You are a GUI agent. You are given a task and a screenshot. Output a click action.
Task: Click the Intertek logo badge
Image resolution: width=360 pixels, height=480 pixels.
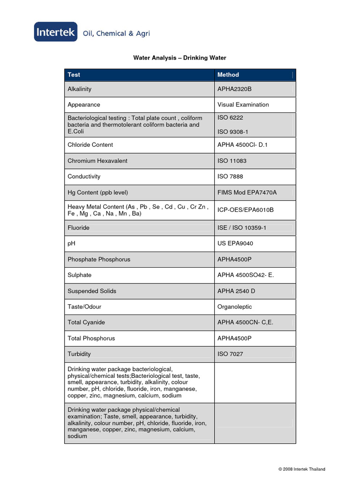(x=56, y=32)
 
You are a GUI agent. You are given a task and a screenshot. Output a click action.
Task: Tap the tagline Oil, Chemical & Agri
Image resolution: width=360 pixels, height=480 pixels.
(x=116, y=33)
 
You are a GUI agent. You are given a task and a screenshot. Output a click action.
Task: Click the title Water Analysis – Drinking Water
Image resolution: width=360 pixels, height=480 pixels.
(x=180, y=58)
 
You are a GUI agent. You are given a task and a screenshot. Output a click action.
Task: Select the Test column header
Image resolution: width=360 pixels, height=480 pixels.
(x=74, y=75)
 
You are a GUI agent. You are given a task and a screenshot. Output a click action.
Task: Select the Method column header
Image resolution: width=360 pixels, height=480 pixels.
(x=228, y=75)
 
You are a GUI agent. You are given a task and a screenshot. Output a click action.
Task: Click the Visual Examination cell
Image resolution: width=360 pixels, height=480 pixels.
(x=243, y=105)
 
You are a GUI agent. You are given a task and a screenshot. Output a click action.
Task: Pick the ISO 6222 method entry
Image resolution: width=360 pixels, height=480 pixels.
(x=230, y=118)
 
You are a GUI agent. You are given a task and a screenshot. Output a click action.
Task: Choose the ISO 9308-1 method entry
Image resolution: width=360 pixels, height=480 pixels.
(x=233, y=132)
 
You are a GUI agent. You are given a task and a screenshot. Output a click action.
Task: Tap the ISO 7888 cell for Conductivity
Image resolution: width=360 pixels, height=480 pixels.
(x=230, y=177)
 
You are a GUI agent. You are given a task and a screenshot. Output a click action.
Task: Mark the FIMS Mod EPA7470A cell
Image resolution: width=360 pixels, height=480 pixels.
(x=247, y=193)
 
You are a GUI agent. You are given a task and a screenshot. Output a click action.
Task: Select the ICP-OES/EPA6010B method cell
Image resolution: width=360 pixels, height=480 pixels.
(x=245, y=210)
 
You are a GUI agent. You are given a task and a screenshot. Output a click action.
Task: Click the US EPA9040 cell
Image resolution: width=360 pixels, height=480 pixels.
(x=235, y=244)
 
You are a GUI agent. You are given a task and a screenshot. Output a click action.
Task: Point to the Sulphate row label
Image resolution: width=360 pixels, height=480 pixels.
(x=80, y=275)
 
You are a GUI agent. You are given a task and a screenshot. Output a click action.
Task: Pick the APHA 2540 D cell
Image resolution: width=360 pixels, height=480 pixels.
(x=236, y=291)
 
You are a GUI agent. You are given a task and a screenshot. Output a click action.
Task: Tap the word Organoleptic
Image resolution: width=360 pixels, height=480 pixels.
(x=234, y=307)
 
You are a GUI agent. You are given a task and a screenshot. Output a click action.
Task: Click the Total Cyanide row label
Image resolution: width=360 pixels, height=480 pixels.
(x=86, y=322)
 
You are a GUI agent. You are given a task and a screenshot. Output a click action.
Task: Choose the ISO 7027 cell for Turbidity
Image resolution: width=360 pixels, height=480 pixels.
(x=230, y=354)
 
